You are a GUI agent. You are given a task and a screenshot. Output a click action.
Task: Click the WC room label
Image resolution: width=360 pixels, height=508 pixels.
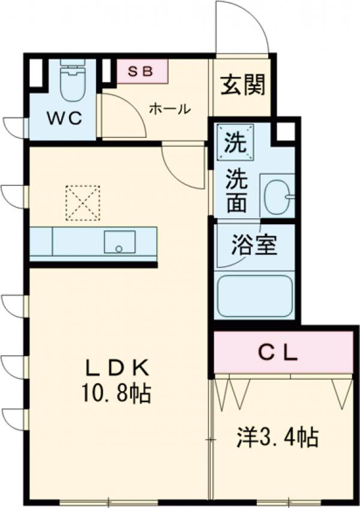[64, 118]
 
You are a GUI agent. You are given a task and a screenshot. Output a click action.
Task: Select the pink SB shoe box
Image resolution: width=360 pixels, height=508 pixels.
[142, 71]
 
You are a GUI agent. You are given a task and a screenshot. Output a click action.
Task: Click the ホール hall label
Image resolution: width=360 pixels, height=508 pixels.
[169, 109]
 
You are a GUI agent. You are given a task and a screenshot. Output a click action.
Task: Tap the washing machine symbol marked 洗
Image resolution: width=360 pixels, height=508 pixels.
[235, 143]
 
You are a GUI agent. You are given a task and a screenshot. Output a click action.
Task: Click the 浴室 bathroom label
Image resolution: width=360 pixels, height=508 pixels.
[254, 245]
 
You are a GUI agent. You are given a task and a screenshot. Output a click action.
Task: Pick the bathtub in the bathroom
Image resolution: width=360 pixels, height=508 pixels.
[254, 296]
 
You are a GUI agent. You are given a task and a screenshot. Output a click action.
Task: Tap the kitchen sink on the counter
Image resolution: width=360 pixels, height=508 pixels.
[119, 242]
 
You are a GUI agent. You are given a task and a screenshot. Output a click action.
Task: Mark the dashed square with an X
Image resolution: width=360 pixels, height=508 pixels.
[82, 203]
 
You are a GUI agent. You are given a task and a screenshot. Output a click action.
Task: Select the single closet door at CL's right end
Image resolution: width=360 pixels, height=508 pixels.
[342, 393]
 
